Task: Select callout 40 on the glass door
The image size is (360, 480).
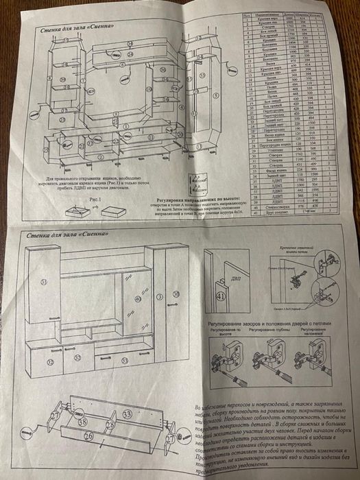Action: point(137,299)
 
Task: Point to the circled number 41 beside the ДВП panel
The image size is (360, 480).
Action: point(221,296)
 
